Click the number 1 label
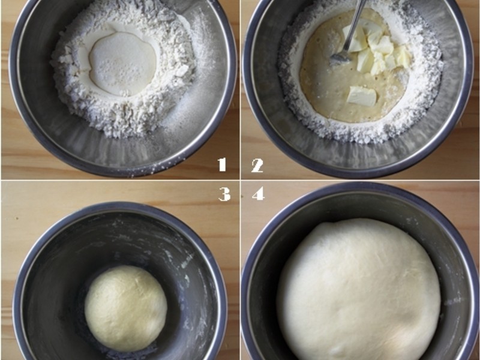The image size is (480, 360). [x=222, y=164]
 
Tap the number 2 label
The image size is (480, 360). [x=257, y=166]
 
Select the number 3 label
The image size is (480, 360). [x=224, y=194]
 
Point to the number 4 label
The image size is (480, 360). [x=259, y=193]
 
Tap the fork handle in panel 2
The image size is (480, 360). [x=355, y=24]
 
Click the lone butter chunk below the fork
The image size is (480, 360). [x=362, y=96]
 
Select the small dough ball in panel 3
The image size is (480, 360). [x=126, y=308]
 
